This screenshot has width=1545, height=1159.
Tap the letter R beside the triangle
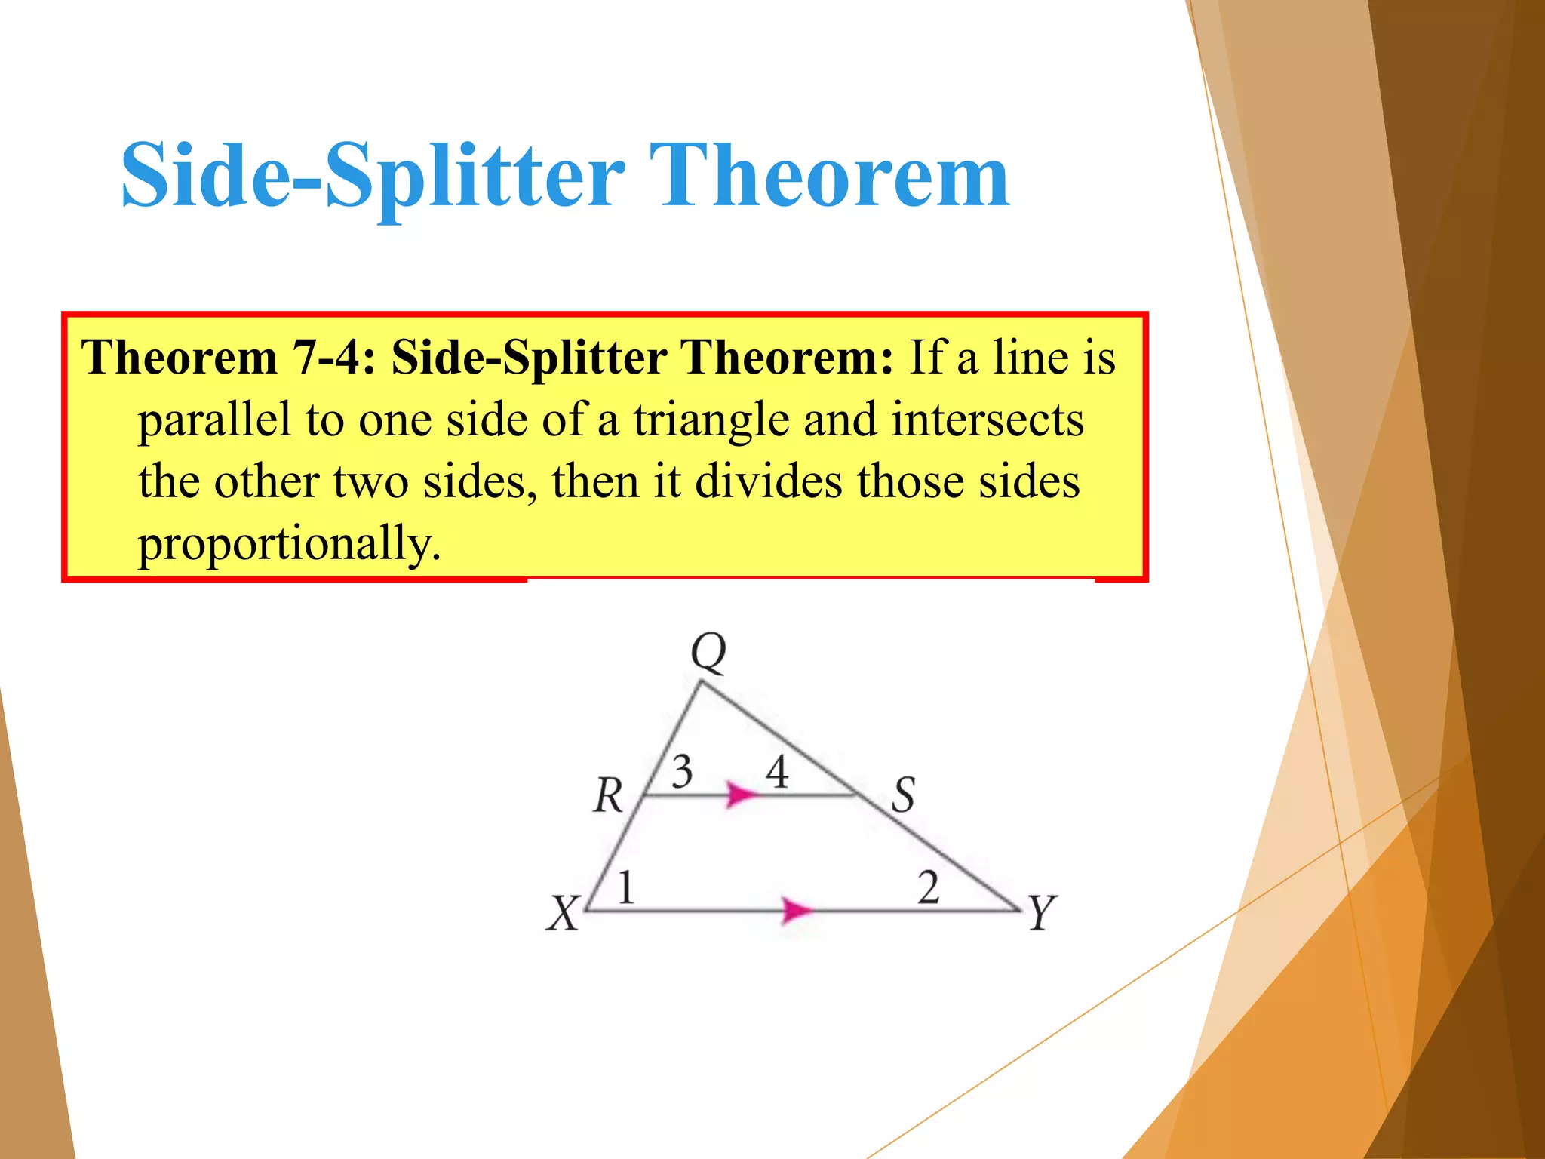tap(608, 796)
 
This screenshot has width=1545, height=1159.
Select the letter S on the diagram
tap(903, 795)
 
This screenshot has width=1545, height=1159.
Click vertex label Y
tap(1043, 912)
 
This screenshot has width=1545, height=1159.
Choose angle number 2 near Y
tap(928, 887)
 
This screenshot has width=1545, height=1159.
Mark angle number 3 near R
tap(682, 772)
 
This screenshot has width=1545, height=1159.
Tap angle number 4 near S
tap(777, 772)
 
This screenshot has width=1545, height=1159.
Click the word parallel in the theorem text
tap(214, 420)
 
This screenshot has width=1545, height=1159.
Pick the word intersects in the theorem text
tap(988, 420)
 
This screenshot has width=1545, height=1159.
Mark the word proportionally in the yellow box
tap(289, 543)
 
